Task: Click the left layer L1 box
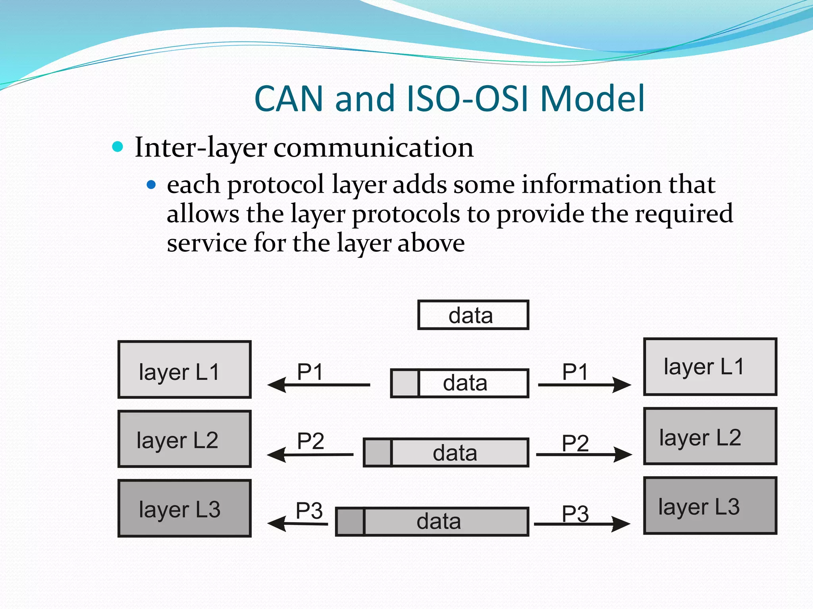coord(185,369)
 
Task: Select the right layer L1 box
coord(710,366)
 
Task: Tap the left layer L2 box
coord(185,439)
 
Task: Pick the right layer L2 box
coord(710,436)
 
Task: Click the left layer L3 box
coord(185,508)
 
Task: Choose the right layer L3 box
coord(710,506)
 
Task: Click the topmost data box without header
coord(473,315)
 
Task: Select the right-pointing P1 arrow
coord(584,385)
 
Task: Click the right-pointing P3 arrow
coord(582,524)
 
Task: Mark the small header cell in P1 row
coord(405,383)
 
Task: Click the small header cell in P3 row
coord(350,521)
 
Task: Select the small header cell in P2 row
coord(378,452)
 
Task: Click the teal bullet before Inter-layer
coord(118,147)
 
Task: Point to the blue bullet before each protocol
coord(151,185)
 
